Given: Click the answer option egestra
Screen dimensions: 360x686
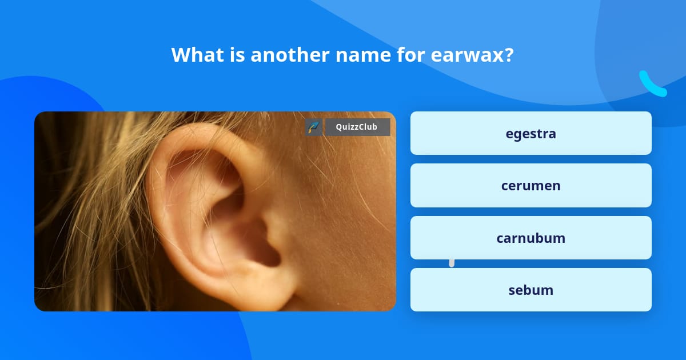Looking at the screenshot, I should (531, 133).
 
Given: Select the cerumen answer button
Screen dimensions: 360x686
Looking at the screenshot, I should (531, 186).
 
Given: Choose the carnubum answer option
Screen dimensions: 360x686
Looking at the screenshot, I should (531, 238).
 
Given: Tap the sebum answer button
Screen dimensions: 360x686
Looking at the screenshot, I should (531, 290).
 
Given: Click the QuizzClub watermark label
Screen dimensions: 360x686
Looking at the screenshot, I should (357, 127).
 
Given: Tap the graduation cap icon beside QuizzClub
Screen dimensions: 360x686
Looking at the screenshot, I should (313, 127).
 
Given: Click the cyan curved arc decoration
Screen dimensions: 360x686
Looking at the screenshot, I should (652, 84).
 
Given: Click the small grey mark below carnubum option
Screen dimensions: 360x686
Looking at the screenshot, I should (452, 262).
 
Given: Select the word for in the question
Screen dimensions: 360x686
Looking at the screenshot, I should (394, 55).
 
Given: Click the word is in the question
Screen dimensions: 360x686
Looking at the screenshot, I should (236, 55).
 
